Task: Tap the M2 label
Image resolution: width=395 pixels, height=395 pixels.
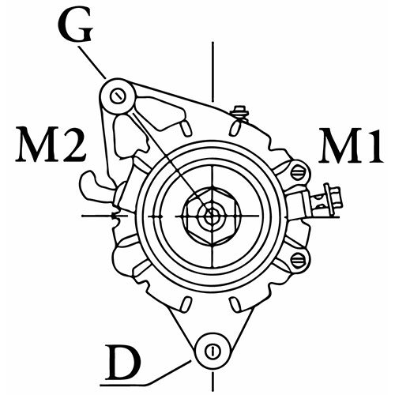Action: pos(51,145)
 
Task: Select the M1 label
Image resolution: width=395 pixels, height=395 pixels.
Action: pos(350,145)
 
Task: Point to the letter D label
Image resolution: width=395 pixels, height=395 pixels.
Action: pos(122,361)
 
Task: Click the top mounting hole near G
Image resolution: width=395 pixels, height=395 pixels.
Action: pos(117,96)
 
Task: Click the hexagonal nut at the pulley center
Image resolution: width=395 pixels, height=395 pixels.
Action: pos(213,216)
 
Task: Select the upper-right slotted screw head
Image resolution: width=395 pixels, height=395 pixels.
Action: pos(299,173)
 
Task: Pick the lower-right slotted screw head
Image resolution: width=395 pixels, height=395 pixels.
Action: pos(299,260)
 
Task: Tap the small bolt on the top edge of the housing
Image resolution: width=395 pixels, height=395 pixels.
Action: pos(239,113)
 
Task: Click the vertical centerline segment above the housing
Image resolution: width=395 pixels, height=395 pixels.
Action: pos(213,72)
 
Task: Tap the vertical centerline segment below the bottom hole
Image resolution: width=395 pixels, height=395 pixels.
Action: pos(212,381)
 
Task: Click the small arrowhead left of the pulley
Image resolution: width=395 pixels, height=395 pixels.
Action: pos(116,216)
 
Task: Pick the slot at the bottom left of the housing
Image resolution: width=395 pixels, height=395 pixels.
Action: pos(186,303)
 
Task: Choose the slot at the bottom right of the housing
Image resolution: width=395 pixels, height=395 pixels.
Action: pos(235,304)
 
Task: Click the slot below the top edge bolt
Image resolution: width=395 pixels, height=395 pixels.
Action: pos(235,128)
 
